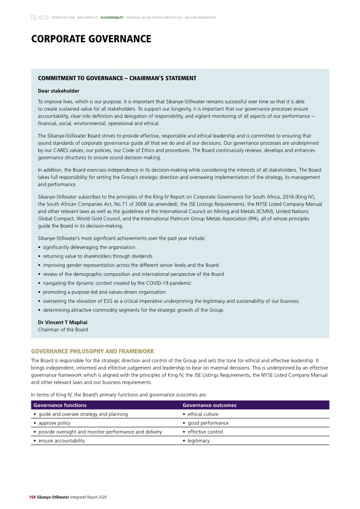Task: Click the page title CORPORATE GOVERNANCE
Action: click(x=91, y=39)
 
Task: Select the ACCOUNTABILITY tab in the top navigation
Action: click(x=112, y=18)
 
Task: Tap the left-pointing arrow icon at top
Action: click(x=40, y=18)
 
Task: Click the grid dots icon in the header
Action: click(x=34, y=18)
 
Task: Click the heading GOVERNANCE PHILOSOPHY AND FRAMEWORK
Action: click(x=93, y=351)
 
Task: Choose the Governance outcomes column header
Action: click(x=209, y=405)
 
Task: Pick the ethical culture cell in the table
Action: click(x=203, y=414)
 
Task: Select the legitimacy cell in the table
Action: click(x=198, y=441)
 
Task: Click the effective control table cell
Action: click(x=205, y=432)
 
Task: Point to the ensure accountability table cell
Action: click(x=61, y=441)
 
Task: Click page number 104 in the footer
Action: click(x=33, y=497)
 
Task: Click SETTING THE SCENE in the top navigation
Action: click(x=63, y=18)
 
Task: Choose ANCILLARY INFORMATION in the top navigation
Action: click(x=200, y=18)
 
